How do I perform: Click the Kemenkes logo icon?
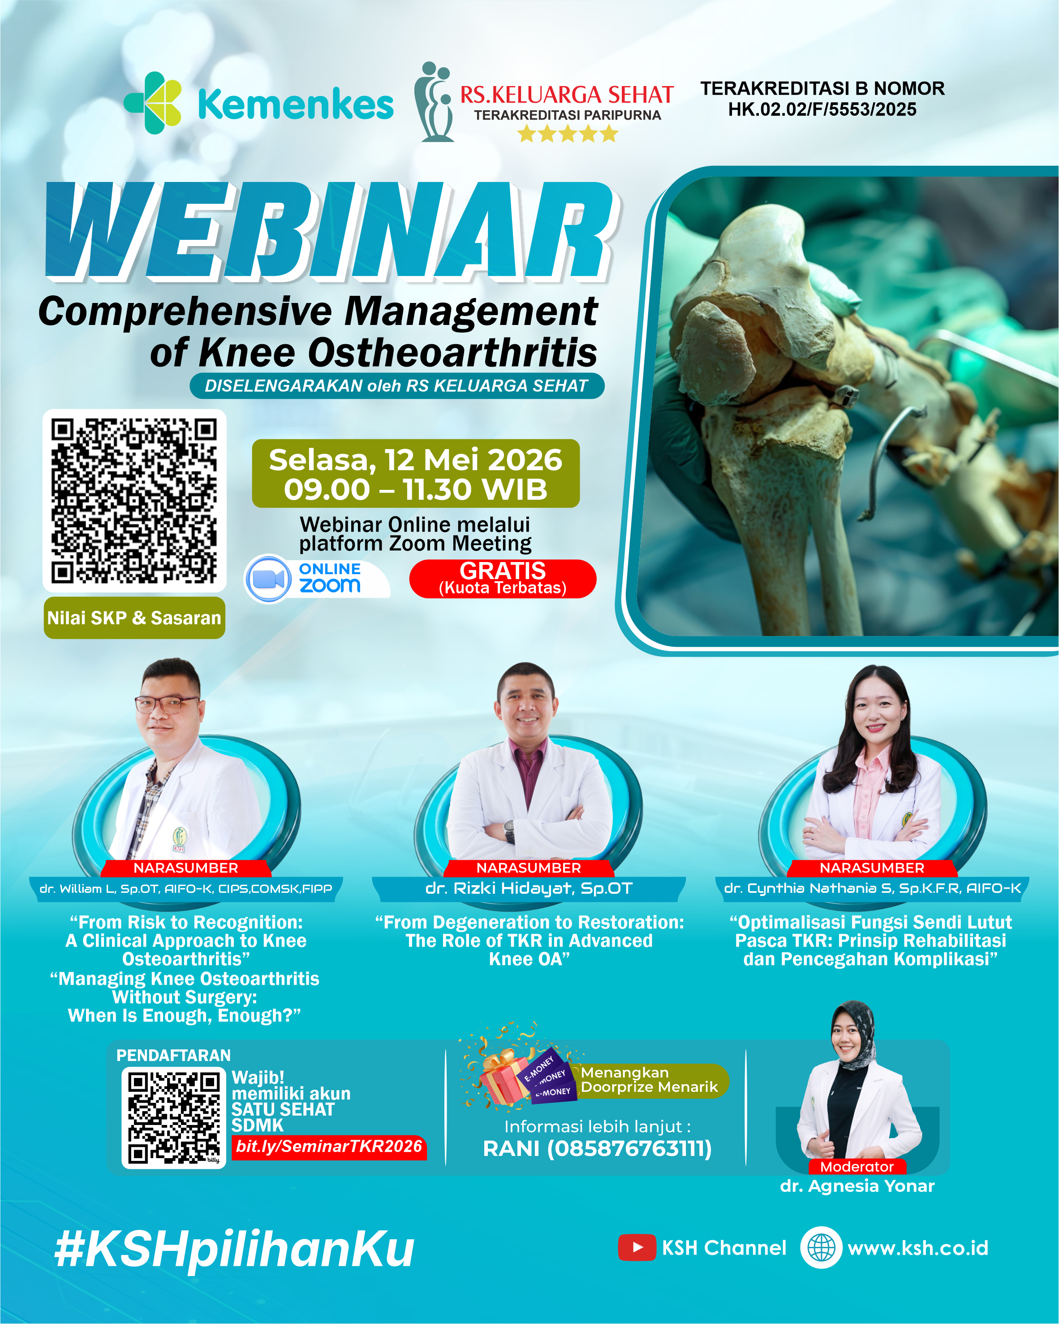pos(153,103)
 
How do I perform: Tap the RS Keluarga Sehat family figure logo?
pos(434,102)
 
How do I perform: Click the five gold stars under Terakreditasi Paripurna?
pos(567,133)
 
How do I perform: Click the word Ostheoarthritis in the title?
pos(452,352)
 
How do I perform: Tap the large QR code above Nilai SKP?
pos(134,501)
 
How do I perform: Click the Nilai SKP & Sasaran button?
pos(134,618)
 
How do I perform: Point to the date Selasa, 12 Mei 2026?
pos(416,460)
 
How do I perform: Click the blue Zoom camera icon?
pos(268,579)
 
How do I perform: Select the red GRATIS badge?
pos(503,579)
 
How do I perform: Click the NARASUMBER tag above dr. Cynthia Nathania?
pos(872,868)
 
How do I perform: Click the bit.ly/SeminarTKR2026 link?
pos(329,1146)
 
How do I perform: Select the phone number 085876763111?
pos(630,1148)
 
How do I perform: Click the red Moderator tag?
pos(857,1167)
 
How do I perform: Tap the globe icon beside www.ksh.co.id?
pos(821,1247)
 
